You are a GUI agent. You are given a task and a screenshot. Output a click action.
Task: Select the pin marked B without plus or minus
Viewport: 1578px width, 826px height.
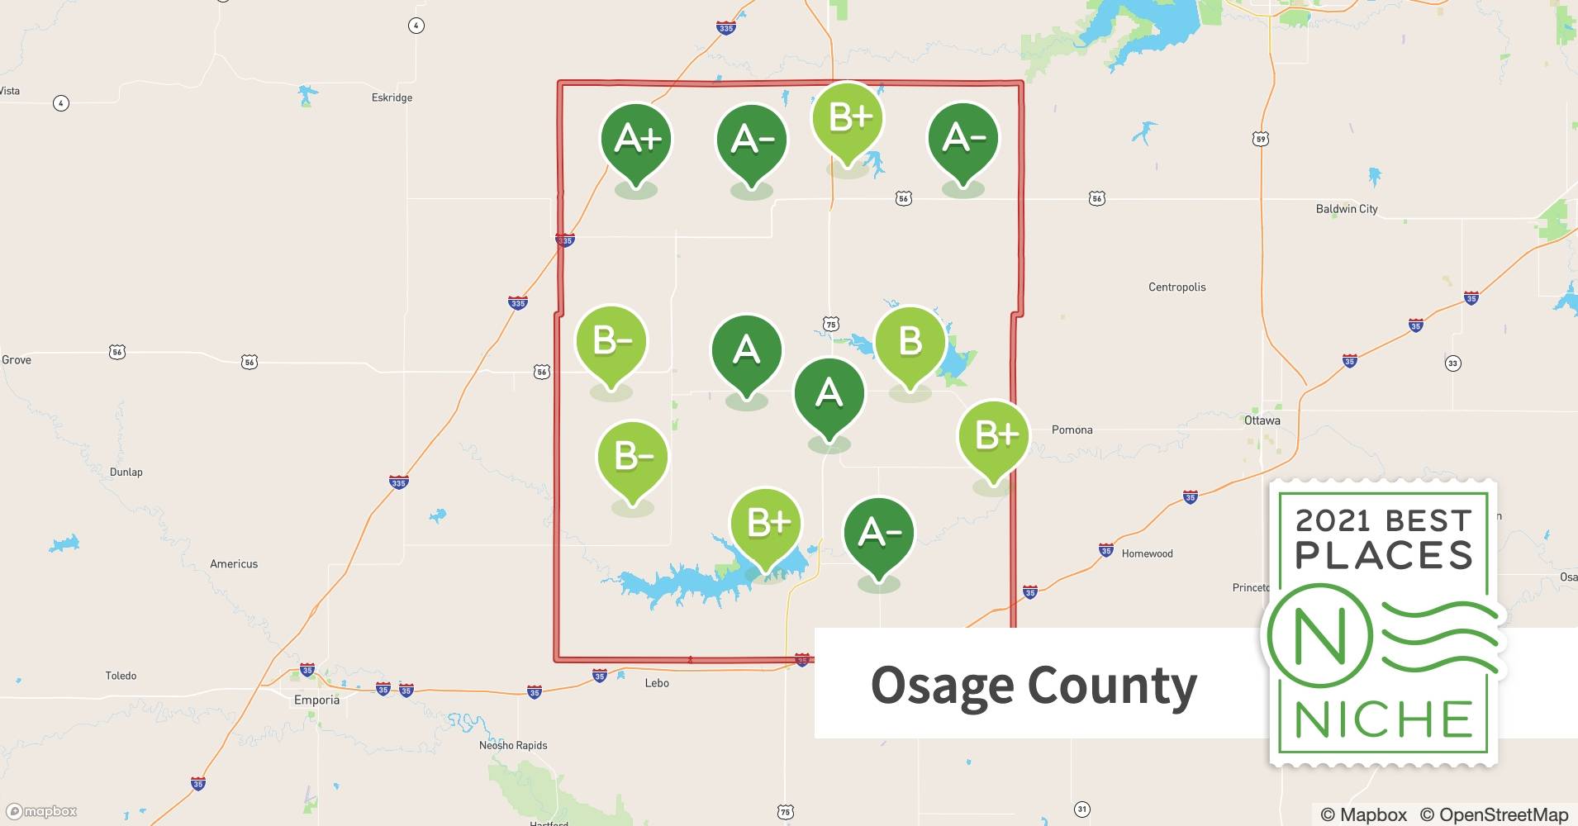click(910, 341)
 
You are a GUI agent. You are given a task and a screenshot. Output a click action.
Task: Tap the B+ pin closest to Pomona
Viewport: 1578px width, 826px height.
click(994, 435)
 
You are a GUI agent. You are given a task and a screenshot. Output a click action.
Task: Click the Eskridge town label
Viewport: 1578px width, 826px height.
click(392, 97)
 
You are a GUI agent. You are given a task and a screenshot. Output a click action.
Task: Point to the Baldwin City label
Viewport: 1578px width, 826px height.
click(1346, 209)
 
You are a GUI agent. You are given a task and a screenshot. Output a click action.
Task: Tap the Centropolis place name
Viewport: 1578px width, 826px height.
click(1176, 287)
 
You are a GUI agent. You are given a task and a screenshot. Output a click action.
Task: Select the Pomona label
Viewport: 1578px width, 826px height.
click(1072, 430)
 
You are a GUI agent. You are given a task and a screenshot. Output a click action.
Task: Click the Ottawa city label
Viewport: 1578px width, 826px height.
click(1262, 420)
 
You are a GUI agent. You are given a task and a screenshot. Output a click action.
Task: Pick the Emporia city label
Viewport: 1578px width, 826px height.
click(316, 700)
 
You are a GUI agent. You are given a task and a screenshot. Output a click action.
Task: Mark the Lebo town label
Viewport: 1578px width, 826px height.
click(657, 683)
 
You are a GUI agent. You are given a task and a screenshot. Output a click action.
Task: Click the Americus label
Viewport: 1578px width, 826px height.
click(234, 564)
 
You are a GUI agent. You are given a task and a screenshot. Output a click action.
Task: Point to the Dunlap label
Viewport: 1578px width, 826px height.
click(126, 472)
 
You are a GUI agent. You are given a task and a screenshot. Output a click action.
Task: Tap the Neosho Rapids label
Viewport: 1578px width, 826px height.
click(513, 745)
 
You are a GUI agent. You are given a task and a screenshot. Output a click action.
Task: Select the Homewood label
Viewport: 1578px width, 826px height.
click(1147, 553)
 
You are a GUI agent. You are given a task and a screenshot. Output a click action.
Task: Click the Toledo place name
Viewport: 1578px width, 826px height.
click(121, 676)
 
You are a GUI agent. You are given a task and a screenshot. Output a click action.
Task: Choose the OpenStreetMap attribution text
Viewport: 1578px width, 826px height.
click(1494, 814)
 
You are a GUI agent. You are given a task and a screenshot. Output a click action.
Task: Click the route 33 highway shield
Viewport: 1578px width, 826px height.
click(1452, 363)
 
